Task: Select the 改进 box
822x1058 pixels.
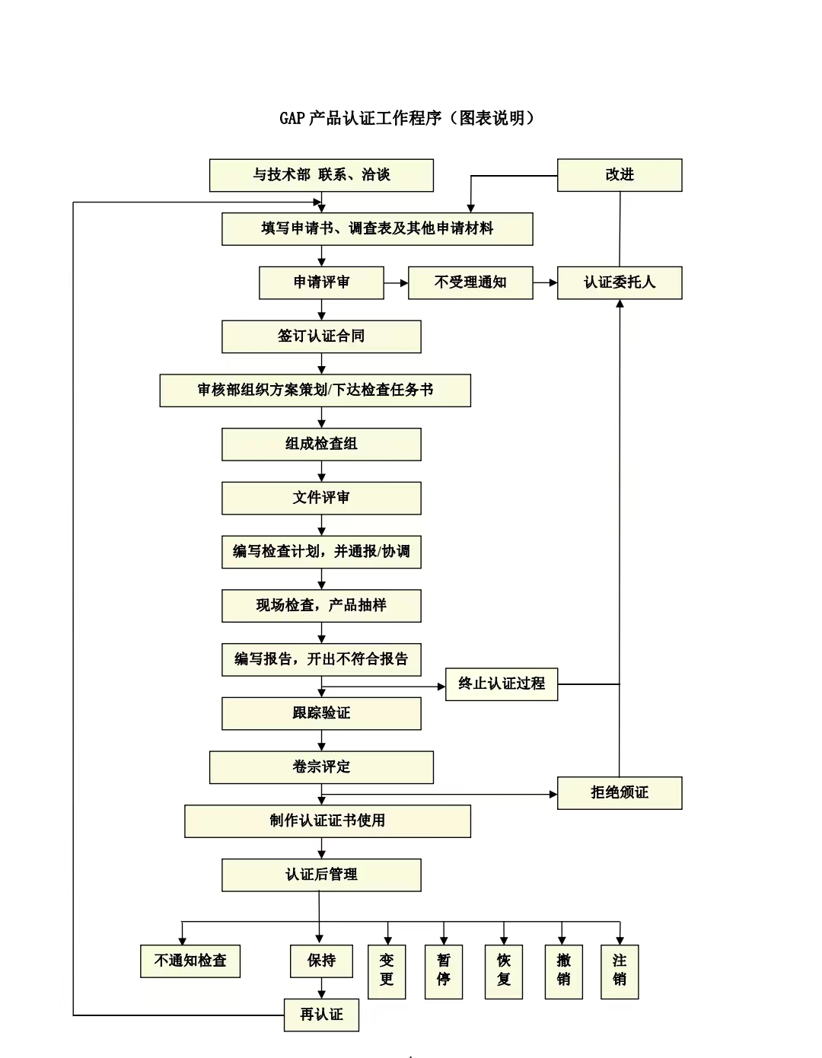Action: click(x=620, y=175)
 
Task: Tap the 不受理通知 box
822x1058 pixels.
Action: click(x=470, y=282)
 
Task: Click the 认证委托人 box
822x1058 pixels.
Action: click(x=620, y=282)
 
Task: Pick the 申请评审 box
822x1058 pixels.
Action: click(x=321, y=282)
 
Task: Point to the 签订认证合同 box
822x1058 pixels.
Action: click(x=321, y=336)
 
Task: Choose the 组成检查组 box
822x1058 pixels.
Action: click(x=321, y=444)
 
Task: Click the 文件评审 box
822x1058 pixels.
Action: click(x=321, y=498)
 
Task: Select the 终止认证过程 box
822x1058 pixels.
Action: click(x=502, y=684)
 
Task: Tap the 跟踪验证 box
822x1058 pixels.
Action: click(x=321, y=713)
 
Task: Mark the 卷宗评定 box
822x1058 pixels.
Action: click(x=321, y=767)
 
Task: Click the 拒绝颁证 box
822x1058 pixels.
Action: click(x=620, y=793)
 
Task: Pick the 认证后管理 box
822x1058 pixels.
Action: click(x=321, y=875)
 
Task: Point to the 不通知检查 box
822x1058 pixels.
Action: click(x=190, y=961)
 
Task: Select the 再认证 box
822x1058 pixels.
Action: click(x=321, y=1015)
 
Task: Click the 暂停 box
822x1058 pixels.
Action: click(x=444, y=972)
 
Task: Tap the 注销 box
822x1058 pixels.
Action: click(x=620, y=972)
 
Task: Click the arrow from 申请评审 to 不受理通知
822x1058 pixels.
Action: click(x=396, y=283)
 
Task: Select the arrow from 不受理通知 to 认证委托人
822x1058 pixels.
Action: click(x=545, y=283)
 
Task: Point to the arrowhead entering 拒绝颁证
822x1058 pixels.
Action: click(x=553, y=795)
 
